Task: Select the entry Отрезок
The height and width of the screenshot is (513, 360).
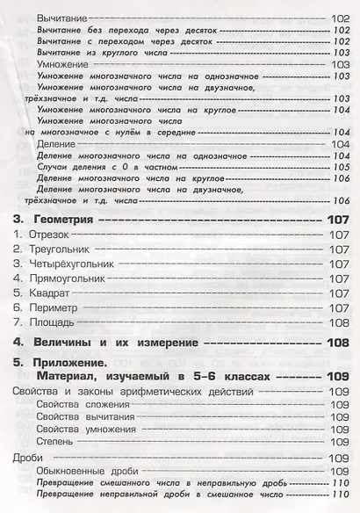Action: pyautogui.click(x=50, y=235)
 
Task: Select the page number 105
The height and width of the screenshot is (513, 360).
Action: pyautogui.click(x=340, y=165)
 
